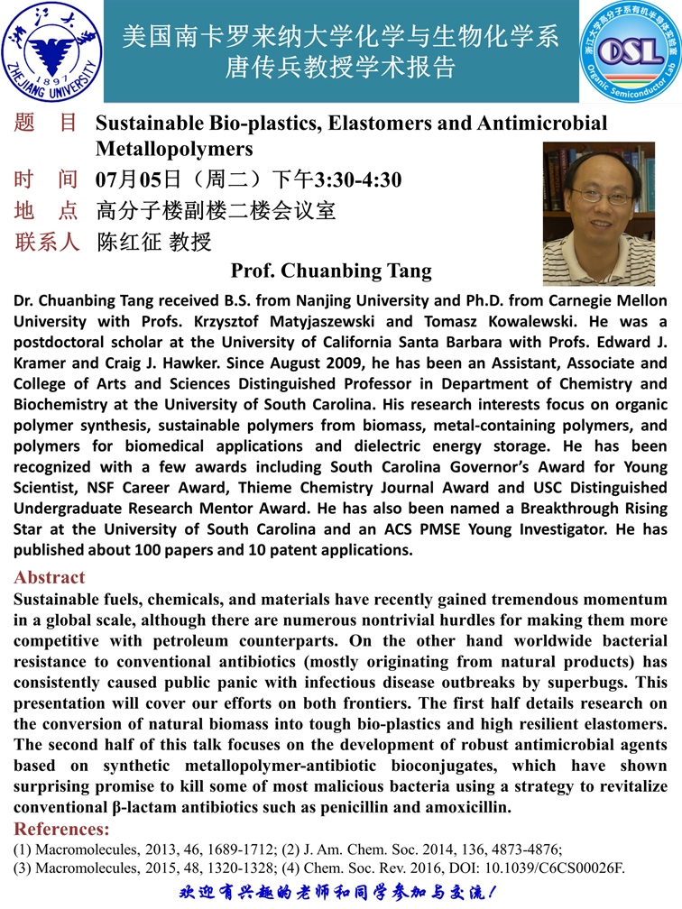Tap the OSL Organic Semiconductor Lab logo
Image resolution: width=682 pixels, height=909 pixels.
click(x=629, y=50)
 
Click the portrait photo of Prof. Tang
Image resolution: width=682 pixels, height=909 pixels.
click(x=598, y=214)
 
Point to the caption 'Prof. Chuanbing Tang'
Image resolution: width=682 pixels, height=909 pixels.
click(x=331, y=271)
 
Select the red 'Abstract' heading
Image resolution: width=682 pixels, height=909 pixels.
click(x=50, y=577)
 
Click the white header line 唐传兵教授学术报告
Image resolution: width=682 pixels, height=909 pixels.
click(x=340, y=68)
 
